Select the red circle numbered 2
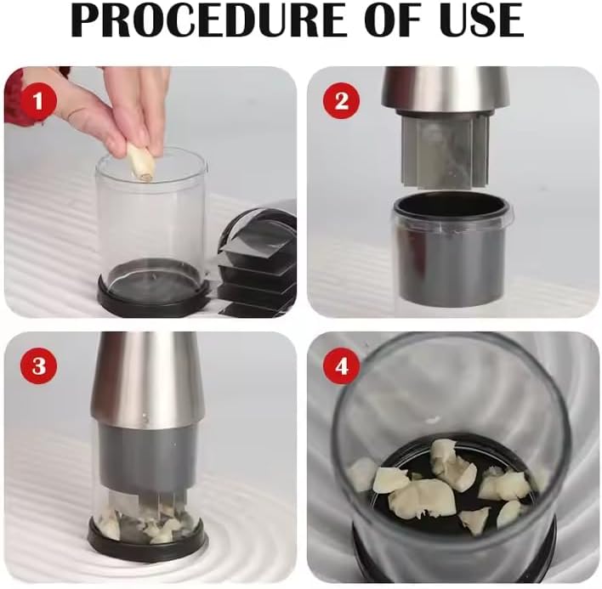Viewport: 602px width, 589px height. tap(342, 102)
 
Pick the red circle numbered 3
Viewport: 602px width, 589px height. tap(37, 367)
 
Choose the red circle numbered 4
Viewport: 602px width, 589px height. tap(342, 367)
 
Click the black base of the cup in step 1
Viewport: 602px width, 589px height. tap(153, 293)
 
